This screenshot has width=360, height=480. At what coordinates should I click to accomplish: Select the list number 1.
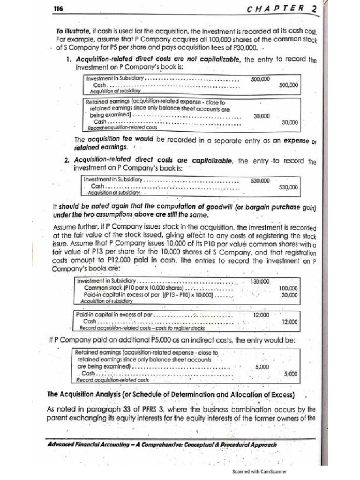tap(68, 60)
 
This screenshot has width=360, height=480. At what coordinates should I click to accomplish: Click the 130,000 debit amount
tap(260, 281)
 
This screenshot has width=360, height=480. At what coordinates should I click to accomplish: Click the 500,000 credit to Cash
tap(288, 85)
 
